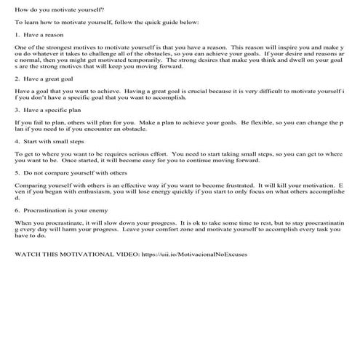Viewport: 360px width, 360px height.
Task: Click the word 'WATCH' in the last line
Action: tap(29, 255)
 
